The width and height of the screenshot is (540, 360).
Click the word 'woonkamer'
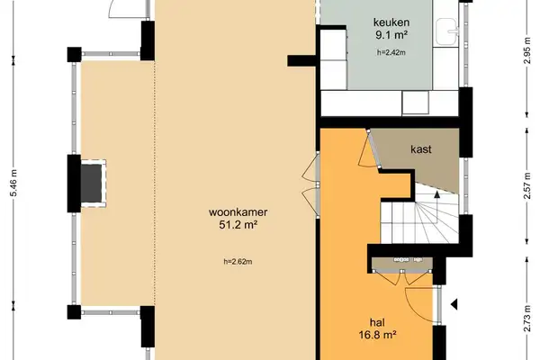(238, 212)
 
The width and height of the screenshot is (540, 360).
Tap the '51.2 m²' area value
(238, 226)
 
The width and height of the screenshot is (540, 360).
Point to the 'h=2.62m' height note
(238, 262)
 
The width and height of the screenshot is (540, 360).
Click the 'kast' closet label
(424, 149)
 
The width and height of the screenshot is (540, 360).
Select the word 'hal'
(377, 322)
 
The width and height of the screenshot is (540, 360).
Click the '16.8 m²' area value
(377, 337)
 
